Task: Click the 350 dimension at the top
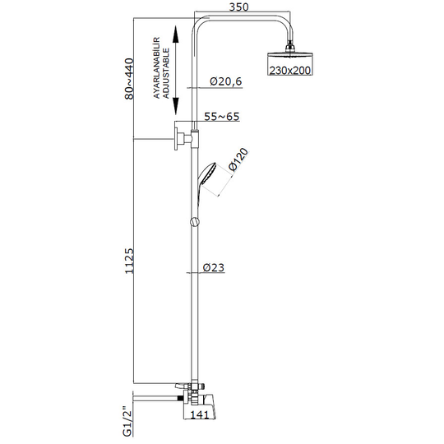[x=238, y=7]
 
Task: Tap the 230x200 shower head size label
[x=289, y=70]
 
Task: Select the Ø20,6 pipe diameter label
[x=225, y=81]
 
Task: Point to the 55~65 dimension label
[x=222, y=117]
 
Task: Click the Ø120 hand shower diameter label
[x=238, y=160]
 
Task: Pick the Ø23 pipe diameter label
[x=214, y=267]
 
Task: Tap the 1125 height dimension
[x=129, y=261]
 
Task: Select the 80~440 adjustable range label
[x=129, y=79]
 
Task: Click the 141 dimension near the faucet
[x=199, y=415]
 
